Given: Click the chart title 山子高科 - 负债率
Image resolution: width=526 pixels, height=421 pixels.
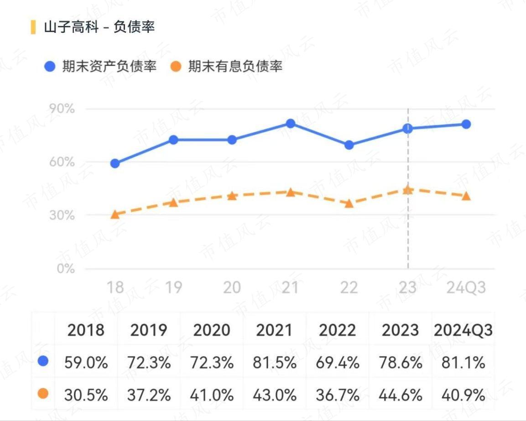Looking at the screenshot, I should (x=99, y=27).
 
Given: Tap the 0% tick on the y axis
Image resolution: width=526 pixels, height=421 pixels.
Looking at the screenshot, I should (x=67, y=268).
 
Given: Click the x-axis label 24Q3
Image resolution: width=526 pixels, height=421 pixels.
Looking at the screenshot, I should (x=465, y=288).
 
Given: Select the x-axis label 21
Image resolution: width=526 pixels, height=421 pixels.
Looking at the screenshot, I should (x=290, y=288).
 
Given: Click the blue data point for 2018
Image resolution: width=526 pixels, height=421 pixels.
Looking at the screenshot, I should (x=115, y=163).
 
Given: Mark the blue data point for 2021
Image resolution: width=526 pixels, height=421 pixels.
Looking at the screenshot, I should (x=291, y=123).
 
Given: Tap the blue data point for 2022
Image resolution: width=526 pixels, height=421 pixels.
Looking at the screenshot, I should (x=349, y=145).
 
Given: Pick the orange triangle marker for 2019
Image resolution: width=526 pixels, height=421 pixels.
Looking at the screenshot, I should (x=173, y=202).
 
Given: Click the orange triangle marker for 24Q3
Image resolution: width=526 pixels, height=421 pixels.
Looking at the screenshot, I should (x=466, y=195).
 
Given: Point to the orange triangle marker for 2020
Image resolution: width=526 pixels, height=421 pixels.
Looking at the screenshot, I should (x=232, y=195).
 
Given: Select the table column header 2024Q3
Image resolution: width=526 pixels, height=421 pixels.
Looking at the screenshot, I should (x=463, y=330).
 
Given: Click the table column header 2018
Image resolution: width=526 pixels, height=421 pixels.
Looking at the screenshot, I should (x=86, y=330).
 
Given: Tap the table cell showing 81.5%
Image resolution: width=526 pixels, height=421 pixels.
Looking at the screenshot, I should (x=274, y=363).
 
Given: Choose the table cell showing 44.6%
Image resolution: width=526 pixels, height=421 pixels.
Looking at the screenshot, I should (x=400, y=395).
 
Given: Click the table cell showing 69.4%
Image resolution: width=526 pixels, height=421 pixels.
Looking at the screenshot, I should (x=337, y=363).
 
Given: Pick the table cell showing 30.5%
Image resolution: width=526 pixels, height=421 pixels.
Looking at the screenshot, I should (x=86, y=395).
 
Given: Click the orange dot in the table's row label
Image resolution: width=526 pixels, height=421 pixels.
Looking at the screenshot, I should (x=43, y=394).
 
